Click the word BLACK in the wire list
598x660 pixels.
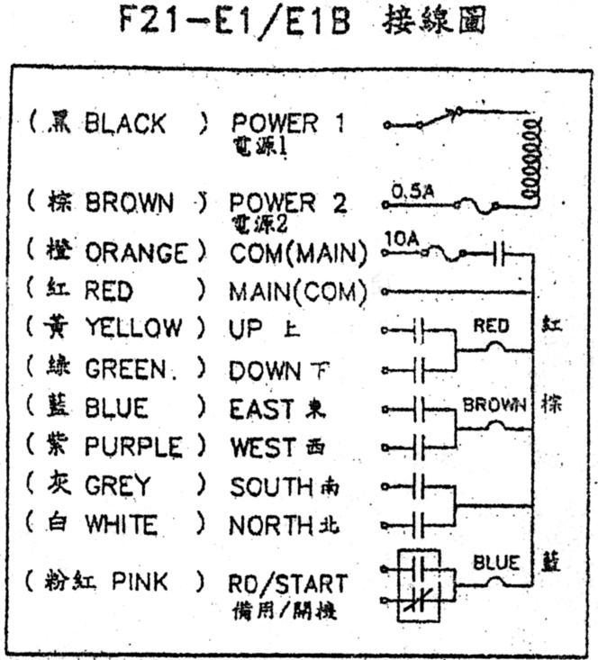125,123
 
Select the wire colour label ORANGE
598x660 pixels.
137,253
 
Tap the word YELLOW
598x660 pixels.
133,328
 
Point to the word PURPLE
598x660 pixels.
133,447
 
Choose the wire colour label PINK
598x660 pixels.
140,581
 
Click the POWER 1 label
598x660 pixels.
287,123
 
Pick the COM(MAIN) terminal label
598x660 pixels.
298,254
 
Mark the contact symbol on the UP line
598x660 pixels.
417,330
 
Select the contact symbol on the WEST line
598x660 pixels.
417,447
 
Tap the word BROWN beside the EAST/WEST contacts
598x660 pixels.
494,405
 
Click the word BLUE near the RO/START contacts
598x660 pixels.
496,563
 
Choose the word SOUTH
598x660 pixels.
270,487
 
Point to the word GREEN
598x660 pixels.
126,369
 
